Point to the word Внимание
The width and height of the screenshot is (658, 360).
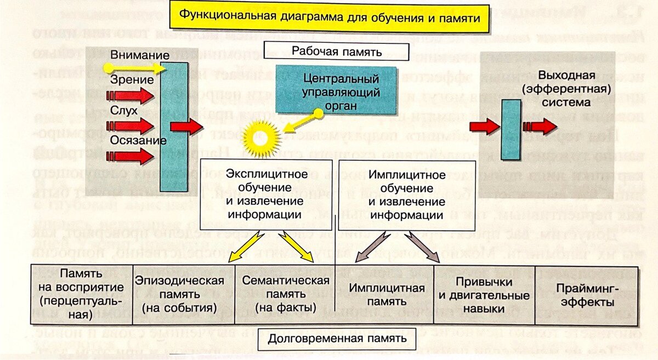point(139,55)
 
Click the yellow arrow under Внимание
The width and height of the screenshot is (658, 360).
point(135,68)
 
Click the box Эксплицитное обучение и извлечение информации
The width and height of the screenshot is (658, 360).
point(265,195)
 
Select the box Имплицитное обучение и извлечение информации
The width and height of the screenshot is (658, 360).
point(406,195)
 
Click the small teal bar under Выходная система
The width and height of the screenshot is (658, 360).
point(511,129)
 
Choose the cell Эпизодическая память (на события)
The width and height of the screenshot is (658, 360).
point(179,295)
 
